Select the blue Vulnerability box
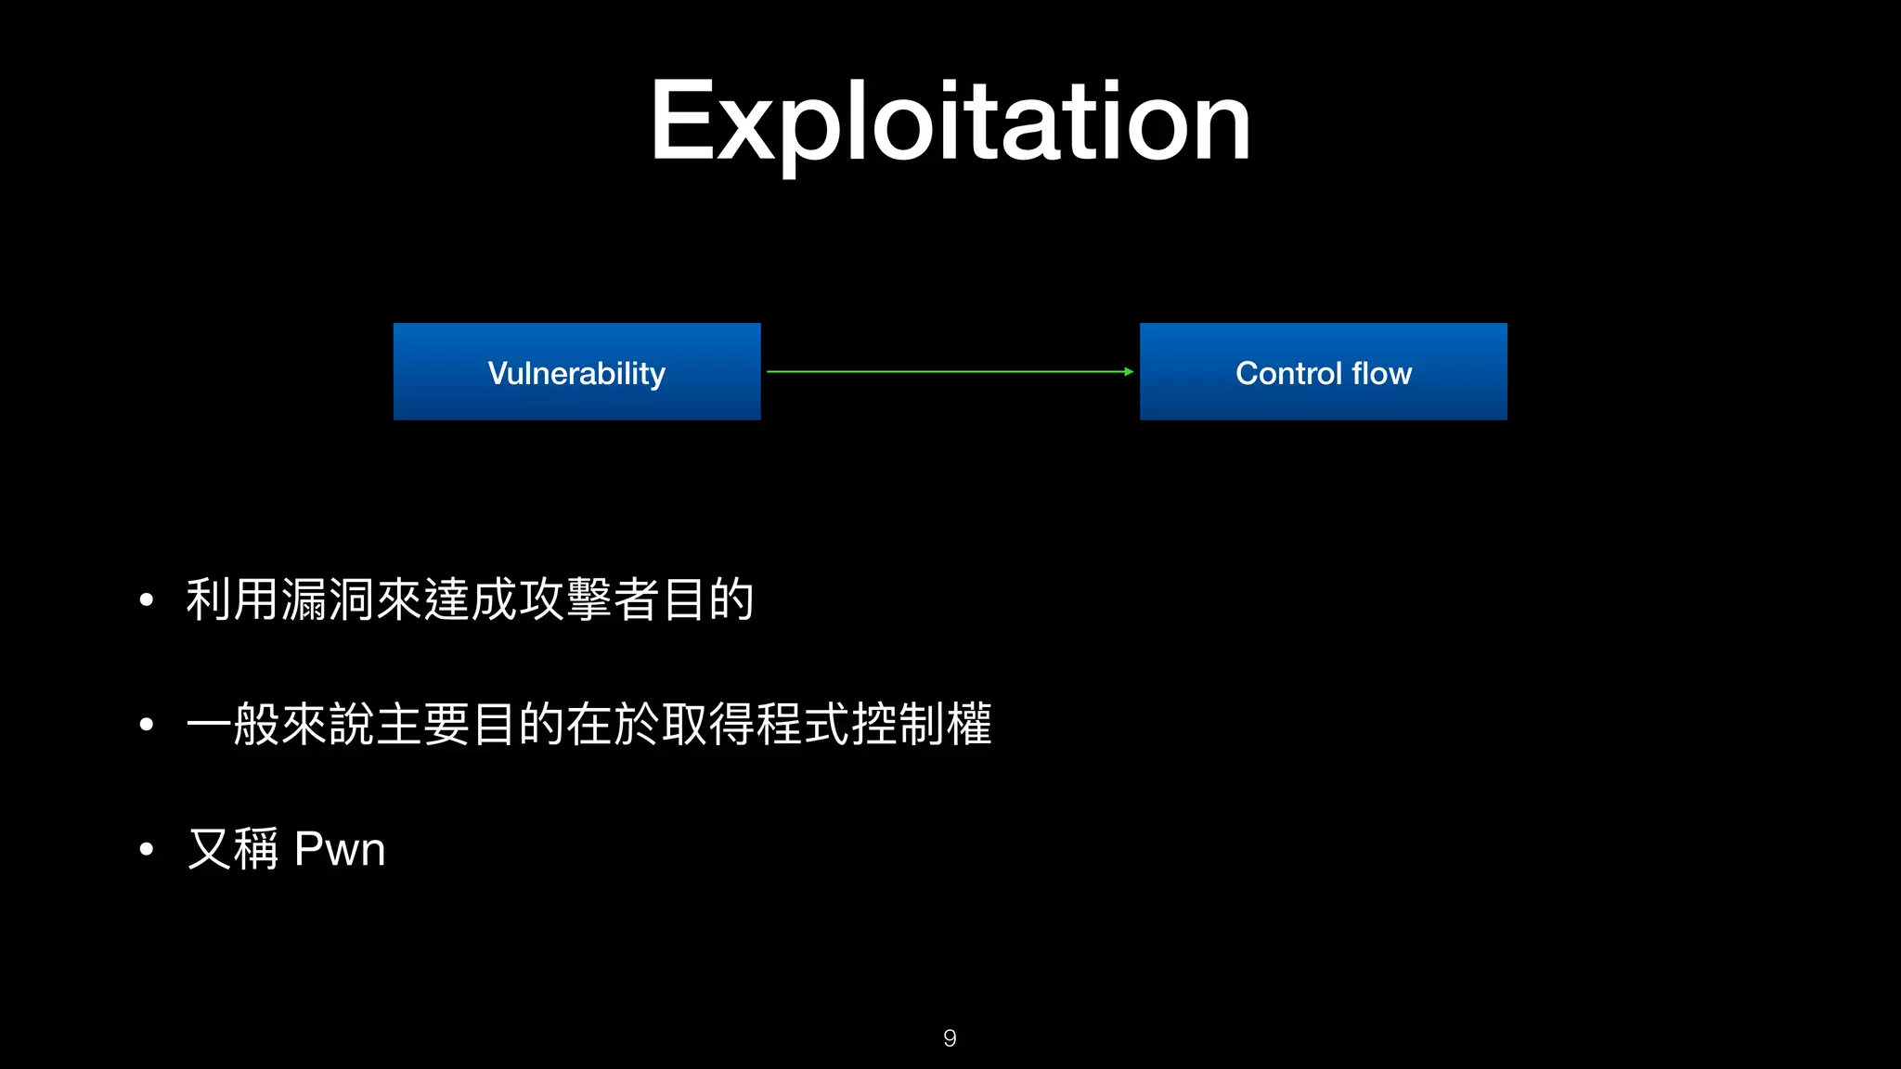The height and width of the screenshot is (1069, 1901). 576,372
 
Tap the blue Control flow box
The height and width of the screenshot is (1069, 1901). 1323,372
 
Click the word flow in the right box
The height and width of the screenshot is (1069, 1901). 1381,373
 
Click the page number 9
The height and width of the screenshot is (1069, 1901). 950,1037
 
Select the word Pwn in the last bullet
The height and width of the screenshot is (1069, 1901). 339,849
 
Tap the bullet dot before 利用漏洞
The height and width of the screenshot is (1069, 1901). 146,600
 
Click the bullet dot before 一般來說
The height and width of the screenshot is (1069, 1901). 146,725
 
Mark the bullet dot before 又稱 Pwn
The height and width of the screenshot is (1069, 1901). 146,849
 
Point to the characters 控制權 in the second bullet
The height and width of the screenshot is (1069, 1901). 922,724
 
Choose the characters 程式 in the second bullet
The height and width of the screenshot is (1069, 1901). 803,724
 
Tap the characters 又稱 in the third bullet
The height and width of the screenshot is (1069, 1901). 233,849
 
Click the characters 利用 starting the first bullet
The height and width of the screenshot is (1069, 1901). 232,599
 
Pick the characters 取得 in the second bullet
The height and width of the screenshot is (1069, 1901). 708,724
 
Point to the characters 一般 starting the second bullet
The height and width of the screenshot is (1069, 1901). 232,724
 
